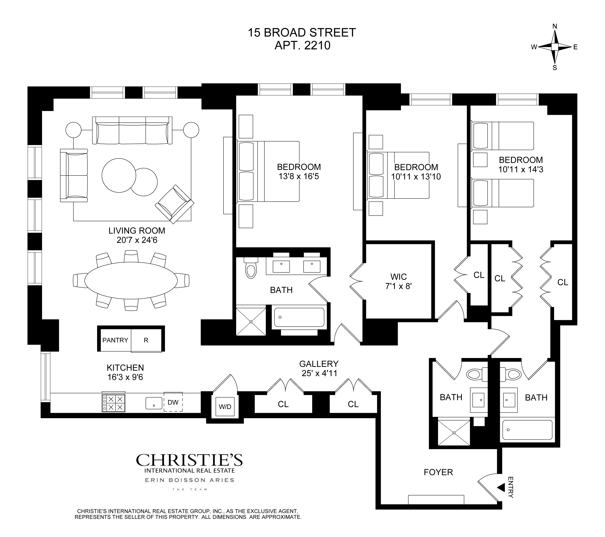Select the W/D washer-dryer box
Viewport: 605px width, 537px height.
click(225, 406)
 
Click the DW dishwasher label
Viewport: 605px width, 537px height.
click(173, 402)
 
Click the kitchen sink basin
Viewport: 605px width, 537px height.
click(154, 403)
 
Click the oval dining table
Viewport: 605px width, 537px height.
click(131, 280)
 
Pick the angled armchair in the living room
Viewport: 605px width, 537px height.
click(175, 204)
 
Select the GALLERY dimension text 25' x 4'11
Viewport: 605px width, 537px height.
click(319, 373)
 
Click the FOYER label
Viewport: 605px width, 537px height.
click(438, 472)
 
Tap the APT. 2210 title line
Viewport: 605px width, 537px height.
click(302, 46)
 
